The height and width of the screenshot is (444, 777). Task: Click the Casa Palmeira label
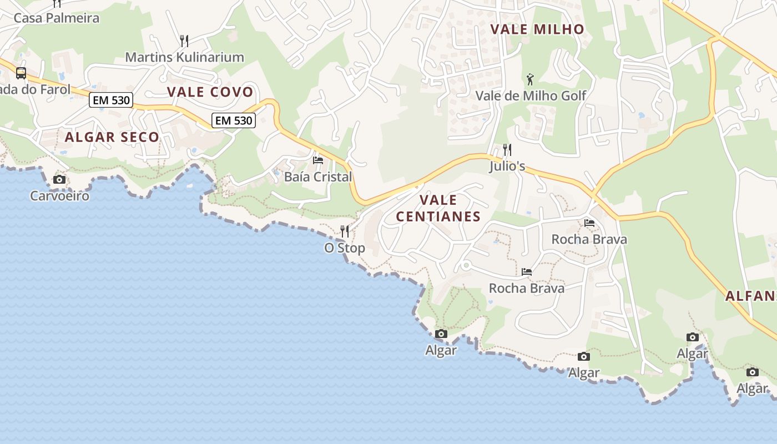[x=56, y=18]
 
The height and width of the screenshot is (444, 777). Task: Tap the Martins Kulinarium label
[x=184, y=57]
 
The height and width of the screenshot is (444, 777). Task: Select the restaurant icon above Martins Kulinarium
[x=184, y=41]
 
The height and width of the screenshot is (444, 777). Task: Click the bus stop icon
[x=21, y=73]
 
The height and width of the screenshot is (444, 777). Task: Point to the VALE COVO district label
[x=210, y=92]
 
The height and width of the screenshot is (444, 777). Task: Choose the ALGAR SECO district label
[x=112, y=137]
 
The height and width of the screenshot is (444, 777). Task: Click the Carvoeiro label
[x=59, y=196]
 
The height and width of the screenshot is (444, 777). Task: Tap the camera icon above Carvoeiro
[x=59, y=179]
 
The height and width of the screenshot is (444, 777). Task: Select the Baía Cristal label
[x=318, y=177]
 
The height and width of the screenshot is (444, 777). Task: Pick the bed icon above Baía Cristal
[x=318, y=160]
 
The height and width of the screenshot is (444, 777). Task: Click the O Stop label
[x=345, y=248]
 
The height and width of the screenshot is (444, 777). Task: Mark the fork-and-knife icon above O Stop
[x=345, y=231]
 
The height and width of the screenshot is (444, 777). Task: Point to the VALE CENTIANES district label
[x=438, y=208]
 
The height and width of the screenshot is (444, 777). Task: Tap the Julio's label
[x=507, y=167]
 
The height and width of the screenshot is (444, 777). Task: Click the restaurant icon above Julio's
[x=507, y=150]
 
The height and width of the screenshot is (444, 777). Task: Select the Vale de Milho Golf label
[x=531, y=96]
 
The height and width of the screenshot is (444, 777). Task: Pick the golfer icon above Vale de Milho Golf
[x=531, y=79]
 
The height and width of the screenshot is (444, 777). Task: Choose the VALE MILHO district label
[x=537, y=29]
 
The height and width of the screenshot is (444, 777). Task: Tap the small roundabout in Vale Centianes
[x=466, y=266]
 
